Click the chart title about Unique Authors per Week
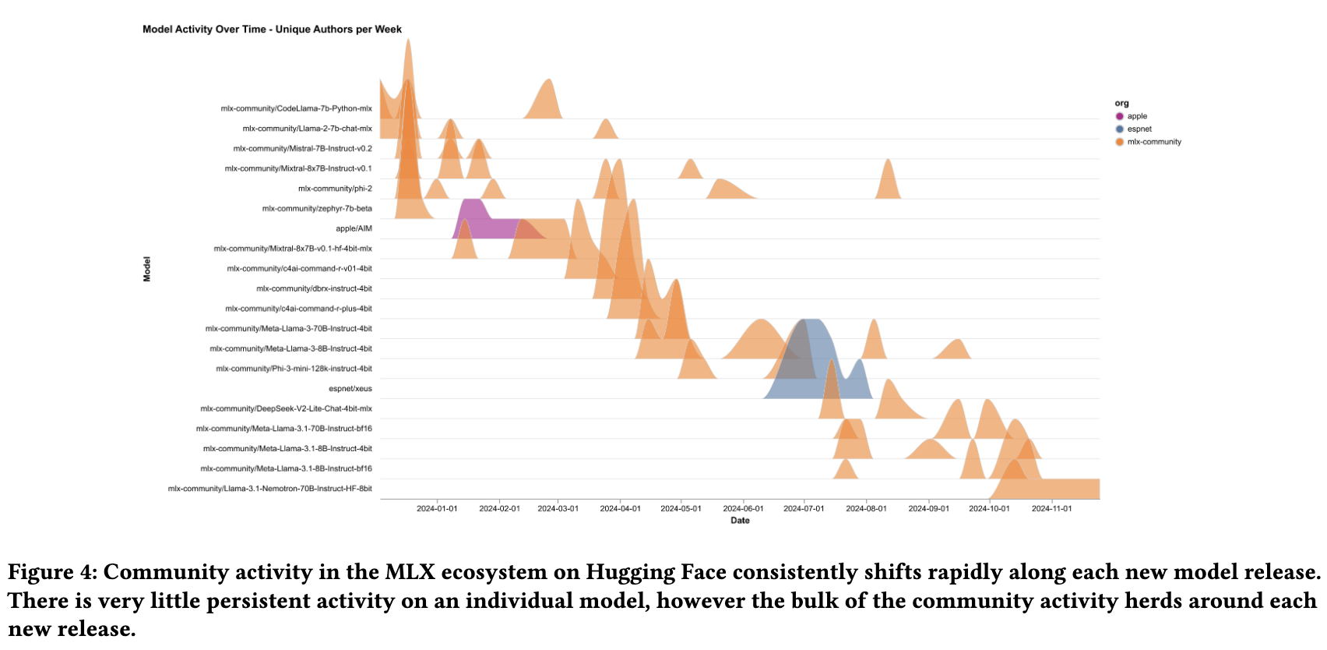click(x=272, y=30)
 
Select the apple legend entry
click(x=1136, y=116)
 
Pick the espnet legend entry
click(x=1139, y=129)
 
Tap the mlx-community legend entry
click(x=1153, y=142)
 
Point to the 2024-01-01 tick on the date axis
click(x=437, y=509)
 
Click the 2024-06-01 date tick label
click(x=743, y=509)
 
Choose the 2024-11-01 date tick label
click(x=1051, y=509)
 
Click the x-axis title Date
click(x=740, y=521)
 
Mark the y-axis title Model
click(x=147, y=269)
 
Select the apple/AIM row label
click(x=354, y=229)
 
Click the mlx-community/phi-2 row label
click(x=335, y=189)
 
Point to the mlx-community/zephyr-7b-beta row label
click(x=317, y=209)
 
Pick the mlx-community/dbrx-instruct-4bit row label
click(x=314, y=289)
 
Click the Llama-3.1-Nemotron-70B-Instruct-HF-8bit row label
click(x=269, y=489)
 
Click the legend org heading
click(x=1121, y=103)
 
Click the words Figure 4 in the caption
click(x=51, y=572)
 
